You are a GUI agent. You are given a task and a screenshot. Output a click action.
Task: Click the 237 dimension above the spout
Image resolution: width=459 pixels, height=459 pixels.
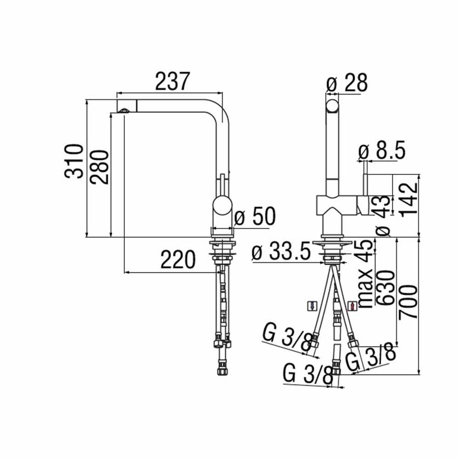pos(173,82)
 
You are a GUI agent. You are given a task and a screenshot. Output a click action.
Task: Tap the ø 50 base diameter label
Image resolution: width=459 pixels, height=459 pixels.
pos(255,218)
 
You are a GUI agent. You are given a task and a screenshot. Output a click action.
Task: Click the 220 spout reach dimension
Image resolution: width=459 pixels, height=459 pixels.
pos(177,261)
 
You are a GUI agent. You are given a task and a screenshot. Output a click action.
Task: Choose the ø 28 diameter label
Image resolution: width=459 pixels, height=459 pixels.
pos(347,84)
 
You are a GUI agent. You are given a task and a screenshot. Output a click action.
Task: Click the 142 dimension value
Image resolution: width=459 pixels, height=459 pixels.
pos(409,199)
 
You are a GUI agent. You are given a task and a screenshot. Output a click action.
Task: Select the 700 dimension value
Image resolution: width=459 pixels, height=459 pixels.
pos(409,302)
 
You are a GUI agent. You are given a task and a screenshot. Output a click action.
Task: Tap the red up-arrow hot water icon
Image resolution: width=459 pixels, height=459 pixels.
pos(354,306)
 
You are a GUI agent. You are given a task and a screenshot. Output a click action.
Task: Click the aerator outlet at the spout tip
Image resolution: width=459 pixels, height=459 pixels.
pos(124,111)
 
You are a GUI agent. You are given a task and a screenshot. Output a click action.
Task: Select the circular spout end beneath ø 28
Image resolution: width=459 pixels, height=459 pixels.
pos(333,104)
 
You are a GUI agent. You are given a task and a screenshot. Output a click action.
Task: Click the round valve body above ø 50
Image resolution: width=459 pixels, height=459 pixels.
pos(221,206)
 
